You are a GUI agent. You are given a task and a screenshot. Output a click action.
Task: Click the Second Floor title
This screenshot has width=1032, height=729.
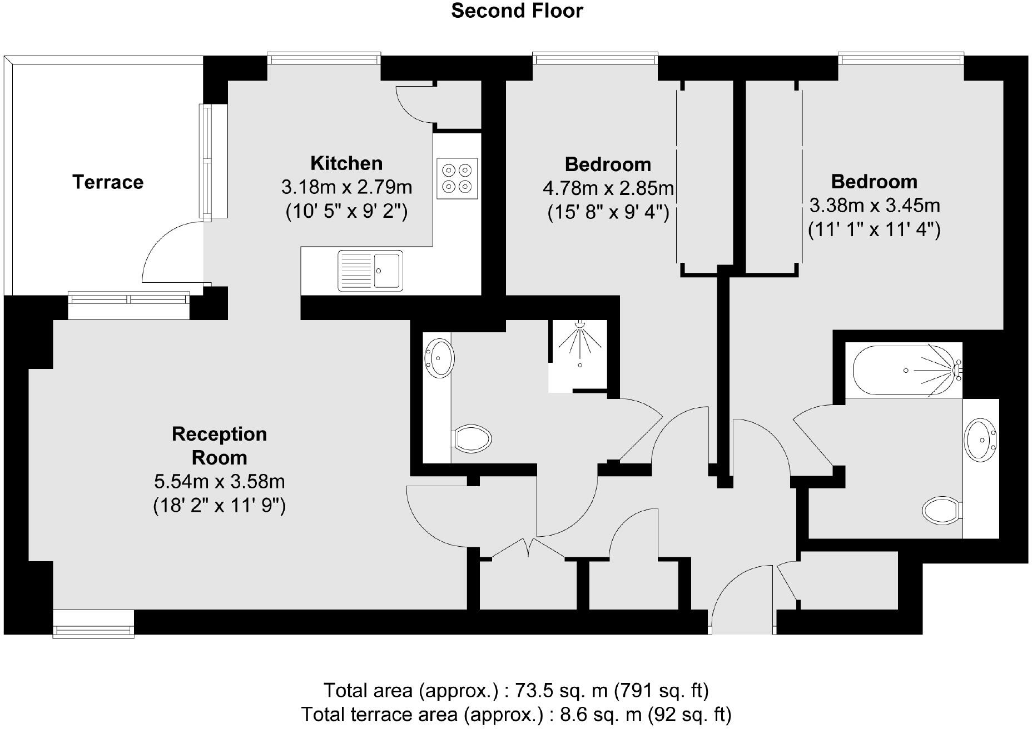click(x=517, y=11)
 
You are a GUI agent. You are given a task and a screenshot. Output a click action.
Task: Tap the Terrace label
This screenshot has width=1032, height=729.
click(x=108, y=182)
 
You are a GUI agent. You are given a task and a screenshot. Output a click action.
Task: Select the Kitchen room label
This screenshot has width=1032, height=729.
click(x=346, y=163)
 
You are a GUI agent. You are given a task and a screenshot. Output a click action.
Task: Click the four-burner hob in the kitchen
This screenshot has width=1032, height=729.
click(x=457, y=178)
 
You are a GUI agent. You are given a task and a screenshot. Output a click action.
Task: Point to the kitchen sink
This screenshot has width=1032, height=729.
click(x=370, y=271)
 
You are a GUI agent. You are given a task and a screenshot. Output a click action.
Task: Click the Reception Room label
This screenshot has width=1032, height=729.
click(x=219, y=446)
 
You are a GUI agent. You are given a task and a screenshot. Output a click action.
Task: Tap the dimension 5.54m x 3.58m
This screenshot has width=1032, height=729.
click(x=219, y=481)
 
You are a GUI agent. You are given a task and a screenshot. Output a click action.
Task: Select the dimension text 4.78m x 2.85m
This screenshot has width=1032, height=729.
click(x=608, y=189)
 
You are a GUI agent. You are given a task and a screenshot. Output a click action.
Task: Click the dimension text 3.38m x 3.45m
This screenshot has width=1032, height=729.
click(x=874, y=206)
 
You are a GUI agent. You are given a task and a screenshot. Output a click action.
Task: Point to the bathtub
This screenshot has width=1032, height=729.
click(x=904, y=371)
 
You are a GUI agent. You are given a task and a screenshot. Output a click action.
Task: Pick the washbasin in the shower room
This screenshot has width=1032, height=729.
click(x=439, y=358)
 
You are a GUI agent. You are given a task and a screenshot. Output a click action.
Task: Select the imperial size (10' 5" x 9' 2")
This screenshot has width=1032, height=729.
click(x=346, y=212)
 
